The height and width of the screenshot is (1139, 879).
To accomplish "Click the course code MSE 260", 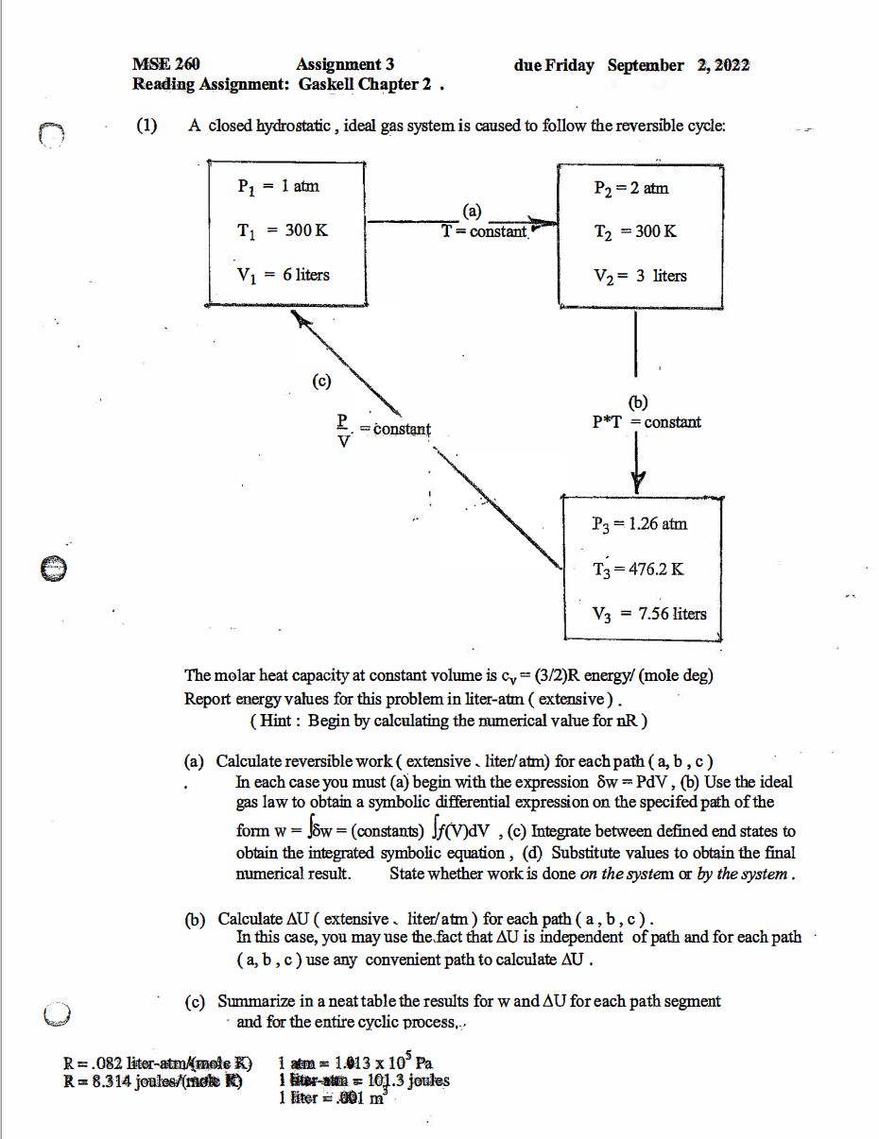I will point(166,65).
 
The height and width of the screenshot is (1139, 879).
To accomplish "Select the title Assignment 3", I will point(345,65).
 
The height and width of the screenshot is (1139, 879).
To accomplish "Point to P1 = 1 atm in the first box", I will point(278,187).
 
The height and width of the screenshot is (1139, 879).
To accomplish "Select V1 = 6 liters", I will point(283,275).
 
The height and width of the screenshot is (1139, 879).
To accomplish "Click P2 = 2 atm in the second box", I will point(630,188).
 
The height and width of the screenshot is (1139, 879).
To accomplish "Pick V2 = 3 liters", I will point(639,276).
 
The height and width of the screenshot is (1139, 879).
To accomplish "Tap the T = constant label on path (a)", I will point(484,231).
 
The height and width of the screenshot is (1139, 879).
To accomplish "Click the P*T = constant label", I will point(646,422).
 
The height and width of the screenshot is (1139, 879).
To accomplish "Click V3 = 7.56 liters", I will point(648,614).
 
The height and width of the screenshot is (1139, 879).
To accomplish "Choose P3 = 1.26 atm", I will point(638,523).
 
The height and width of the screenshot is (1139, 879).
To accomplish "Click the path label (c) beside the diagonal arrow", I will point(322,381).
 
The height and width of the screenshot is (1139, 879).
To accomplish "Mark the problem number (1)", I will point(146,126).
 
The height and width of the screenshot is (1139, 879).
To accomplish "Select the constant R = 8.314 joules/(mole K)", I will point(152,1081).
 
